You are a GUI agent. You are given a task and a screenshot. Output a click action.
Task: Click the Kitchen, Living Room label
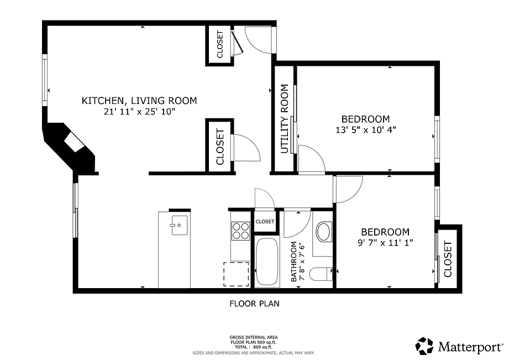(139, 101)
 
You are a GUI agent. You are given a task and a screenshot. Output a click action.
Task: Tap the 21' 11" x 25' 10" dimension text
(139, 112)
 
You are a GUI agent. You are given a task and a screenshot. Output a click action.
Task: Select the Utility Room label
(285, 118)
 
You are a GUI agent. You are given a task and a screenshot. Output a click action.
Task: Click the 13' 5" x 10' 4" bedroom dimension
(365, 129)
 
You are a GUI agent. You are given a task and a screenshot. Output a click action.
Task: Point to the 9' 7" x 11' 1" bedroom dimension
(385, 242)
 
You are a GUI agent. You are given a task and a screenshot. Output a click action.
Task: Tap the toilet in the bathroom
(321, 274)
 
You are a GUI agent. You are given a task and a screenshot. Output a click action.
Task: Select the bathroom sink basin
(323, 232)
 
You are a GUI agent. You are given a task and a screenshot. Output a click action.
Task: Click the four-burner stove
(240, 231)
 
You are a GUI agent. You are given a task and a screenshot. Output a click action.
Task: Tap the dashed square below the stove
(236, 274)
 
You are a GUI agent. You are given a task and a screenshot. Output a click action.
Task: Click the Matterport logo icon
(425, 347)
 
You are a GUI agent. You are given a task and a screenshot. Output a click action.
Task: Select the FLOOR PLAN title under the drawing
(254, 303)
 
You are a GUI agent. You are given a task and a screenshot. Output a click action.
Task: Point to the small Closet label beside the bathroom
(265, 222)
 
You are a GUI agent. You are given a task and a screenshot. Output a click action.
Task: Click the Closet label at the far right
(448, 259)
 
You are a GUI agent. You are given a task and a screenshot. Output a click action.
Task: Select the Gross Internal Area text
(254, 337)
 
